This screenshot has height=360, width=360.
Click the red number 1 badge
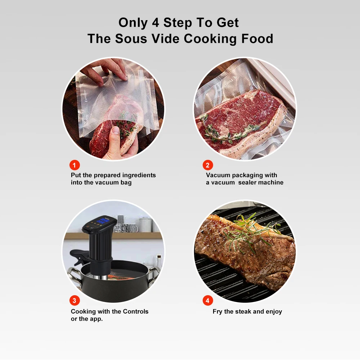75,165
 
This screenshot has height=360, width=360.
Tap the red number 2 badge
208,165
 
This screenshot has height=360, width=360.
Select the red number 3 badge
75,301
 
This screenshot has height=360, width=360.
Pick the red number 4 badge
208,301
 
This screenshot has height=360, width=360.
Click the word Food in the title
257,38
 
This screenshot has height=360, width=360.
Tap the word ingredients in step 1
139,175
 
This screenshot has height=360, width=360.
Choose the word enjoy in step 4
274,311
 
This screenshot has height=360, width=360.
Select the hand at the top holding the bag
108,68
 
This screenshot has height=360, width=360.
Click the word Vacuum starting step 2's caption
219,175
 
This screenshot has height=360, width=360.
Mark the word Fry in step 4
217,311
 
